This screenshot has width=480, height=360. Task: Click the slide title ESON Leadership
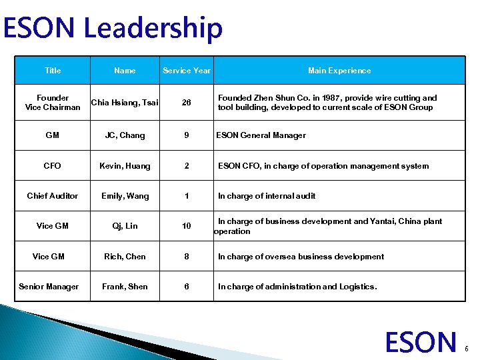pyautogui.click(x=112, y=28)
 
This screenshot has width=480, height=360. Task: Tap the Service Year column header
pyautogui.click(x=187, y=70)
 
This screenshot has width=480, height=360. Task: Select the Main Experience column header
pyautogui.click(x=339, y=70)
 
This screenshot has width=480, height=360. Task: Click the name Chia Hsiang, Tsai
pyautogui.click(x=125, y=102)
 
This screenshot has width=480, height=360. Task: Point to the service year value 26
pyautogui.click(x=186, y=103)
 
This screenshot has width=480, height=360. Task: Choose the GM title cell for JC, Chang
pyautogui.click(x=52, y=135)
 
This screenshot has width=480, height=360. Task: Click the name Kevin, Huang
pyautogui.click(x=125, y=165)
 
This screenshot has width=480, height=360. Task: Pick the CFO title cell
pyautogui.click(x=52, y=165)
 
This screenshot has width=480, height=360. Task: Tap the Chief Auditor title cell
pyautogui.click(x=52, y=195)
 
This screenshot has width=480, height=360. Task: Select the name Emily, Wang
pyautogui.click(x=125, y=195)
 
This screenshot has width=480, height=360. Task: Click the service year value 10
pyautogui.click(x=186, y=226)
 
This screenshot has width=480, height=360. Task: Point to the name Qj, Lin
pyautogui.click(x=125, y=226)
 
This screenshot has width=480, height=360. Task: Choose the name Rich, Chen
pyautogui.click(x=125, y=256)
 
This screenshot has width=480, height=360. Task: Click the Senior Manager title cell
pyautogui.click(x=49, y=287)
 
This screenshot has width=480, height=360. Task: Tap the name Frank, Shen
pyautogui.click(x=125, y=287)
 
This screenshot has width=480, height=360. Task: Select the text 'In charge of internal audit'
pyautogui.click(x=267, y=195)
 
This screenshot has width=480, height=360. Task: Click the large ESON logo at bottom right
pyautogui.click(x=421, y=341)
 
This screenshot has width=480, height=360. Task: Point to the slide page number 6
pyautogui.click(x=467, y=348)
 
